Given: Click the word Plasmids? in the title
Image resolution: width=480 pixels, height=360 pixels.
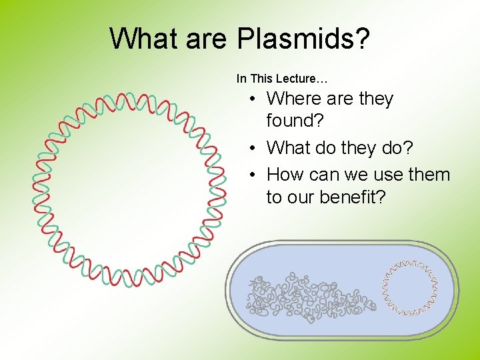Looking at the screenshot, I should pyautogui.click(x=303, y=39).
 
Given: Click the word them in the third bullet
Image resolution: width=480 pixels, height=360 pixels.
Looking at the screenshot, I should pyautogui.click(x=429, y=175).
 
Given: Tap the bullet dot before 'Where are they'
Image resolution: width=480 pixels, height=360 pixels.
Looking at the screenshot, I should pyautogui.click(x=255, y=99).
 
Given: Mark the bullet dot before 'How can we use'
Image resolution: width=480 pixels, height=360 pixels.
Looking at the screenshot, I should pyautogui.click(x=255, y=175).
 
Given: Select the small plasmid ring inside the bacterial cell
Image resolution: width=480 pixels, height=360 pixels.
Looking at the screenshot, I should pyautogui.click(x=409, y=288).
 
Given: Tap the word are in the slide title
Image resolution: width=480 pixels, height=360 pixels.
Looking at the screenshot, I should pyautogui.click(x=208, y=39).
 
